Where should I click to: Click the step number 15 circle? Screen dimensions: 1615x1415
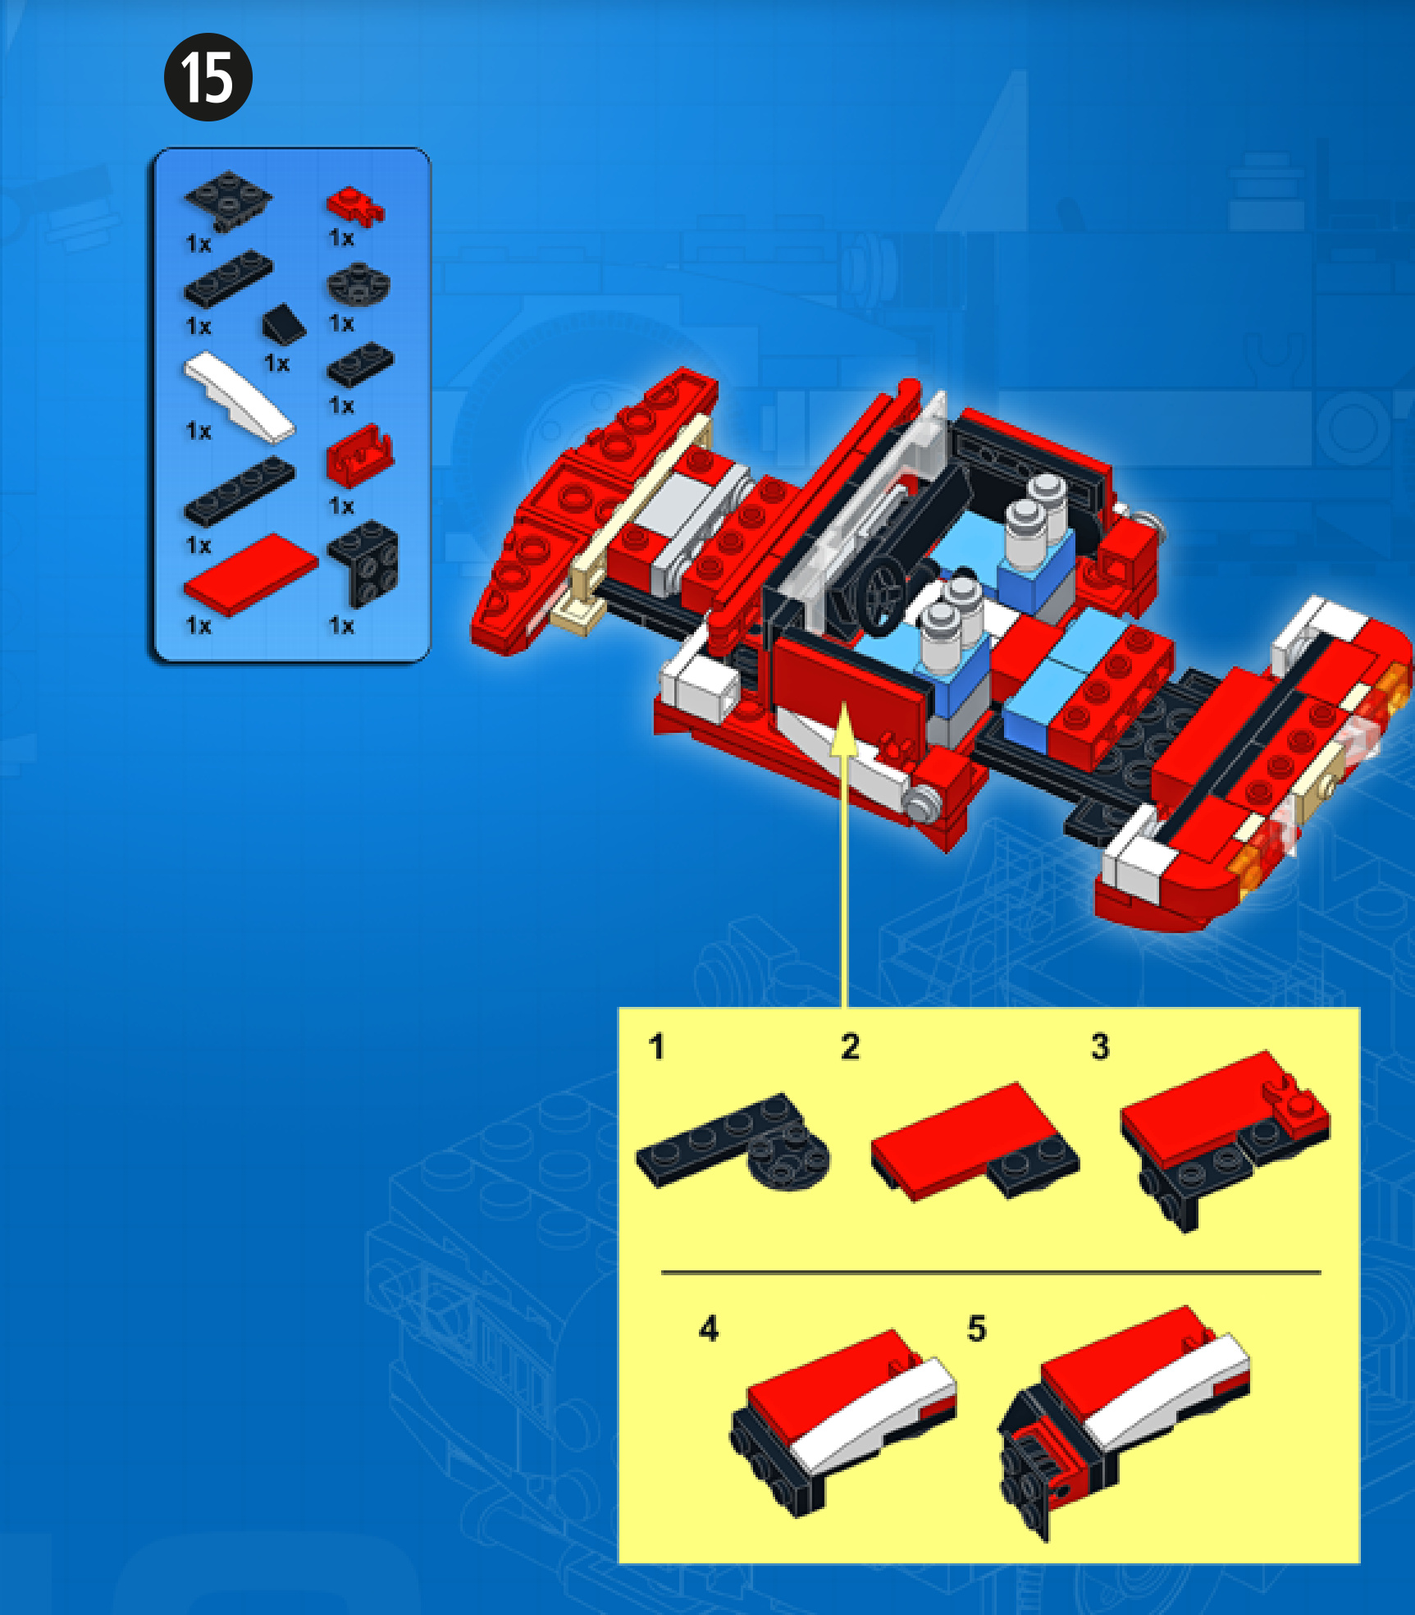(208, 77)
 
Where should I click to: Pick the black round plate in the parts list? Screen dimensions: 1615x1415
(358, 284)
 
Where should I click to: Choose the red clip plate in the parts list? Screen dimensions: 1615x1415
(355, 205)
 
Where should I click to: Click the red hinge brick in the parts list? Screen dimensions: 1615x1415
(359, 455)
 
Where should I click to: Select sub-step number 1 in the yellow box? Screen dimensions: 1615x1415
(655, 1047)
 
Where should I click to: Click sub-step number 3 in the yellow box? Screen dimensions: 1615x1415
(1100, 1047)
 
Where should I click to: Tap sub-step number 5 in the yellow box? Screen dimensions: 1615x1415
(976, 1328)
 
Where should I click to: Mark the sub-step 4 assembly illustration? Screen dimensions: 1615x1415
(843, 1420)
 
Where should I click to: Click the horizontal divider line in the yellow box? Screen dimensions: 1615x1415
(991, 1272)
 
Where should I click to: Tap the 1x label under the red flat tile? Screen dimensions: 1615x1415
(199, 626)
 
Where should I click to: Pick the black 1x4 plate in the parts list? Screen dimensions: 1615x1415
(239, 491)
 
